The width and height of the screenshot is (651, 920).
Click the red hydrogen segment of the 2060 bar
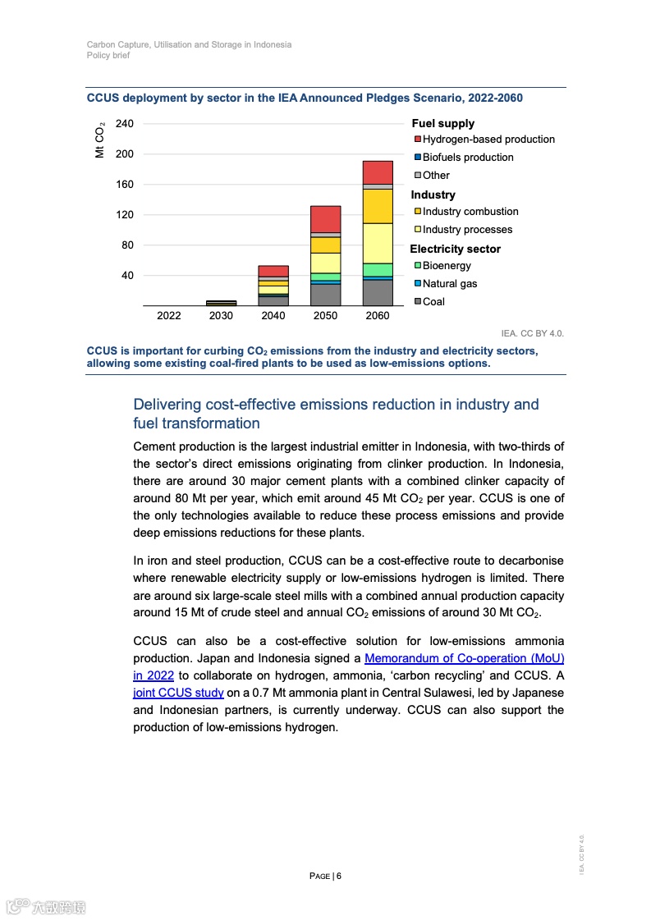click(x=378, y=172)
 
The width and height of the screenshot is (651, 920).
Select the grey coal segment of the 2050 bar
click(x=325, y=295)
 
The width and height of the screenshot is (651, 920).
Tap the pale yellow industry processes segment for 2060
click(x=378, y=243)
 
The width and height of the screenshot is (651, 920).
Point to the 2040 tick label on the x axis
click(x=273, y=316)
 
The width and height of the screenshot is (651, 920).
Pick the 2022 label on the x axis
click(x=169, y=316)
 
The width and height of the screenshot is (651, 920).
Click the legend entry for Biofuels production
click(x=467, y=158)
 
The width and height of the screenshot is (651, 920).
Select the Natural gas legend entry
click(x=449, y=284)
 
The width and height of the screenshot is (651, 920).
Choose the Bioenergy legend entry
click(x=447, y=266)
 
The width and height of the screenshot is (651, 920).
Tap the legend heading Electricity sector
click(x=455, y=249)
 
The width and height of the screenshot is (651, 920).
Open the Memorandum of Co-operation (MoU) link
click(x=464, y=658)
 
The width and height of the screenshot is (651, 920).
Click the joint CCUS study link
click(x=178, y=693)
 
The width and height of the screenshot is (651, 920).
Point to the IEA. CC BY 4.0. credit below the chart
click(x=533, y=334)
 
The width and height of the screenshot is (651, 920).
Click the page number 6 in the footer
click(x=338, y=876)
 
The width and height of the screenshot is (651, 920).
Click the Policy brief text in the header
click(x=108, y=56)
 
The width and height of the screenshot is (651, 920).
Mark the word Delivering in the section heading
click(x=172, y=405)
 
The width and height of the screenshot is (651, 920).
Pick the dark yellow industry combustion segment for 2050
click(x=325, y=245)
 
